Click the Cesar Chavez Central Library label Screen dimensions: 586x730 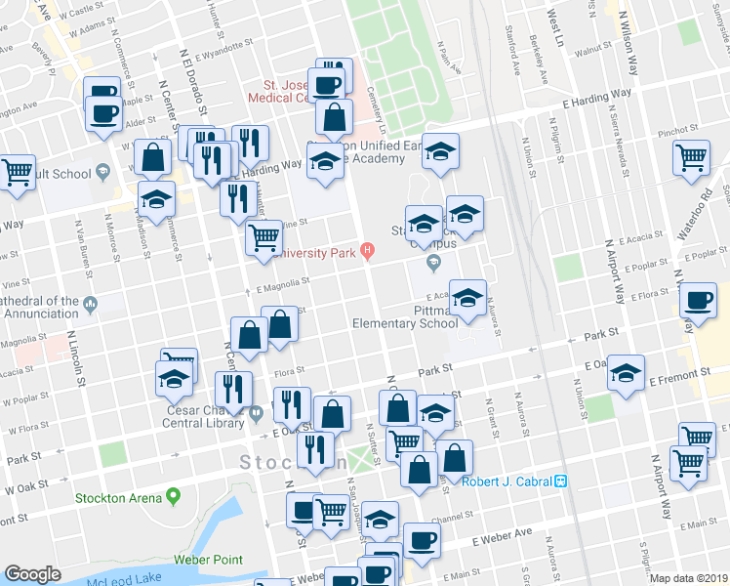pyautogui.click(x=207, y=418)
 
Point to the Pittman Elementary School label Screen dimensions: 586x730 pyautogui.click(x=405, y=316)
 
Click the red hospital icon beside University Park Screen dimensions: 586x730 pyautogui.click(x=367, y=250)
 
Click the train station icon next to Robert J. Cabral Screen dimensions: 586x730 pyautogui.click(x=561, y=481)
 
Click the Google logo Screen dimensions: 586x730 pyautogui.click(x=32, y=574)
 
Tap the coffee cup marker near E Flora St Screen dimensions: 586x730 pyautogui.click(x=698, y=303)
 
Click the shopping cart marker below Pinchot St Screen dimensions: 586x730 pyautogui.click(x=692, y=156)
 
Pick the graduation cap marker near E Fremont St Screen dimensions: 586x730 pyautogui.click(x=626, y=374)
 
